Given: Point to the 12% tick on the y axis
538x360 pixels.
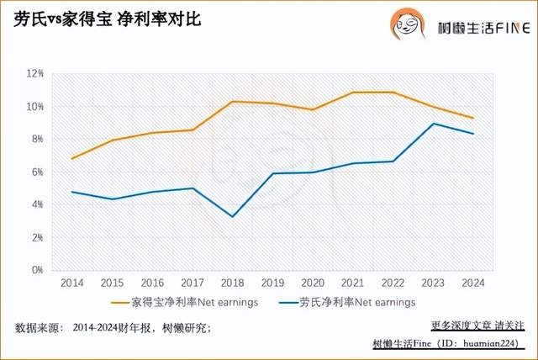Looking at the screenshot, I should (x=36, y=74).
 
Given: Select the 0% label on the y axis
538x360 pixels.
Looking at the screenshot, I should (x=38, y=271).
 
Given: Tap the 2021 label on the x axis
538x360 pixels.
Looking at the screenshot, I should (x=353, y=282).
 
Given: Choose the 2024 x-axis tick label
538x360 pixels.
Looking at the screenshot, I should (x=472, y=282).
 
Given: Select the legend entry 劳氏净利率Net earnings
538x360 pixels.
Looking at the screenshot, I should (x=356, y=300).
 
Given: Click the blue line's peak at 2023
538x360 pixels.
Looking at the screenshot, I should (x=432, y=124).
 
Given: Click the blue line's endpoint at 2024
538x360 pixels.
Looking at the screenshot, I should (x=472, y=134).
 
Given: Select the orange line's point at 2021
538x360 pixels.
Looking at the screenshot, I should (x=353, y=93).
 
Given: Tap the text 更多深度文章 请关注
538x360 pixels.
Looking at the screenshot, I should (x=477, y=324).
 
